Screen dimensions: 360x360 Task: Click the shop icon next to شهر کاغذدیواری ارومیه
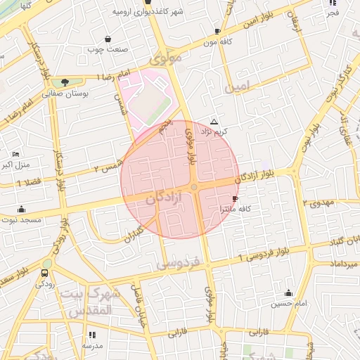coord(148,3)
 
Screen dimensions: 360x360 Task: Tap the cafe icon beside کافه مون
coord(218,31)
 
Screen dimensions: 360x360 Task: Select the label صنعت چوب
coord(106,49)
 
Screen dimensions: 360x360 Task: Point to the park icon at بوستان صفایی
coord(65,83)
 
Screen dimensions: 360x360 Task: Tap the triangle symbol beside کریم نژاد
coord(214,122)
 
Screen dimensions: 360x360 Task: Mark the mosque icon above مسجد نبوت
coord(21,209)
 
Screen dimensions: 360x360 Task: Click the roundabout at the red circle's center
coord(193,186)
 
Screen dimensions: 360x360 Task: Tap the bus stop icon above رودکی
coord(46,274)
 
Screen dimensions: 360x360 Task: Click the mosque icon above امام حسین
coord(288,292)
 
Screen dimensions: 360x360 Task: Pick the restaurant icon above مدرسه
coord(92,335)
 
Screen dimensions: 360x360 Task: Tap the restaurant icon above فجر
coord(333,3)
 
